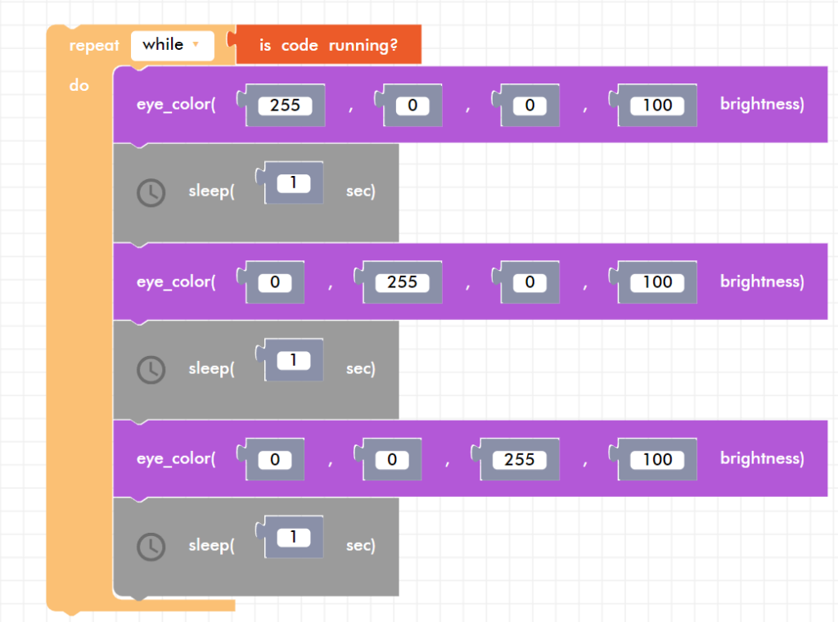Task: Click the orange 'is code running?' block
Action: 328,45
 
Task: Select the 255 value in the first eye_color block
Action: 285,106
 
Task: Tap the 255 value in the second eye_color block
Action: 402,282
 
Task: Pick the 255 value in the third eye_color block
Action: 520,459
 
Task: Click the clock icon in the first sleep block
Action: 151,193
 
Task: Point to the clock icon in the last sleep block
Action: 151,547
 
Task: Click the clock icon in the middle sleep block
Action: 151,370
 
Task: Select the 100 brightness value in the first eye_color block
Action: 657,106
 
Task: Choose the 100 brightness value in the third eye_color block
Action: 657,459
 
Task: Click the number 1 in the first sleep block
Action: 293,183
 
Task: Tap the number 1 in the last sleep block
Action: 293,538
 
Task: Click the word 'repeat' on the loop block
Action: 94,46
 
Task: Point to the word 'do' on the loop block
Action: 79,85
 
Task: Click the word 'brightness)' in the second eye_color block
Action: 762,282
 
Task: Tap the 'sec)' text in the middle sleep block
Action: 361,369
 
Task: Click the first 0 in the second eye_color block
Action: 274,282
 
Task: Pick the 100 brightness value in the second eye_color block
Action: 657,282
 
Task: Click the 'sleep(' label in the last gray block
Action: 211,546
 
